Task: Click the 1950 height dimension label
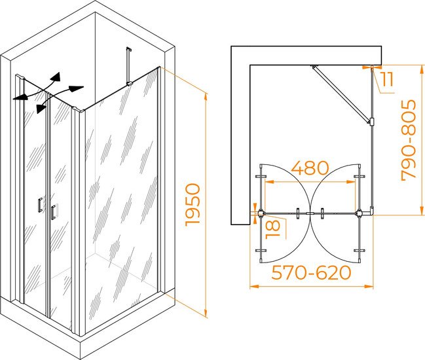pos(193,205)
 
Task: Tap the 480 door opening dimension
pos(310,168)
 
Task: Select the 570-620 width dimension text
pos(311,272)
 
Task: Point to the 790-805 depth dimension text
pos(409,140)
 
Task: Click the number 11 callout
pos(386,79)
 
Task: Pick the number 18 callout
pos(272,229)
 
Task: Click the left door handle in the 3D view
pos(40,205)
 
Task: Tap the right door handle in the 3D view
pos(54,212)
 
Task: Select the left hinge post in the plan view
pos(261,213)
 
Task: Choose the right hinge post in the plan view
pos(360,213)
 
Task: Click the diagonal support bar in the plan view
pos(341,94)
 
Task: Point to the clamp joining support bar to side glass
pos(371,122)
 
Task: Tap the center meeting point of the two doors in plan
pos(310,213)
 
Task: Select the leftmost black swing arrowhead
pos(20,98)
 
